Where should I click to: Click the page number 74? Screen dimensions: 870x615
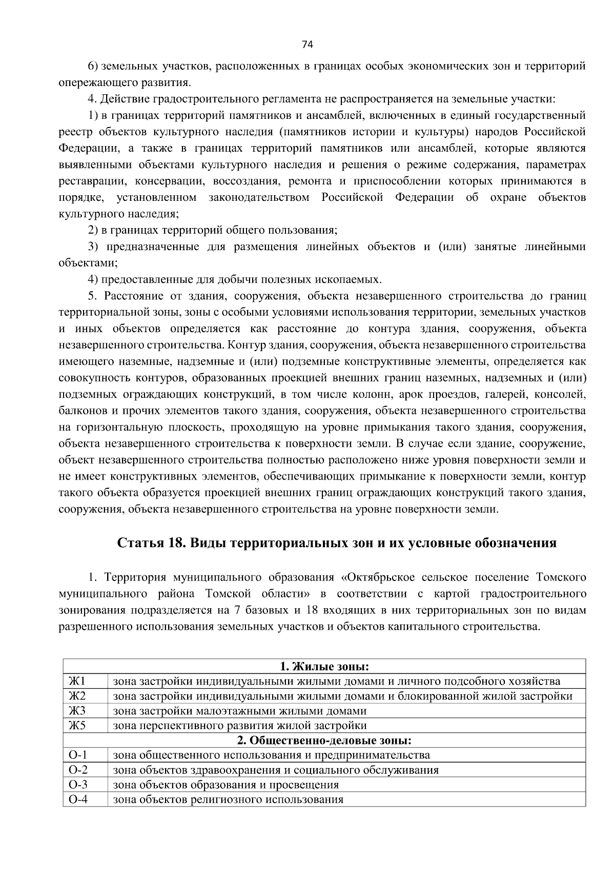pos(307,45)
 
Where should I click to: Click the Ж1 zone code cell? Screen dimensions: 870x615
pos(77,681)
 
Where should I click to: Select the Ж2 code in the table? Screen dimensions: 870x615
pos(77,696)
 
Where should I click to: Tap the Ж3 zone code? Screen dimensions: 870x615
pos(77,711)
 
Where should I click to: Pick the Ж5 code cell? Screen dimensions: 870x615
pos(77,726)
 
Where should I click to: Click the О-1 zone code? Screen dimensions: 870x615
pos(77,755)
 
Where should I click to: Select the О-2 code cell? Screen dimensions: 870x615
pos(77,770)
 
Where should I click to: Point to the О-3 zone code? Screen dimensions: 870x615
pos(77,785)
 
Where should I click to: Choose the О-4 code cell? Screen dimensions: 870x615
pos(77,800)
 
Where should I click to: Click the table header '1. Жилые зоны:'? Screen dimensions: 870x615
pos(324,667)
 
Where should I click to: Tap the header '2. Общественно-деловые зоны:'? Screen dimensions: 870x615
pos(324,740)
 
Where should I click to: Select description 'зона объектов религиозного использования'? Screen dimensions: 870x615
pos(228,800)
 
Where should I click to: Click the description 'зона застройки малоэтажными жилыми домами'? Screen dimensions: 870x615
pos(239,711)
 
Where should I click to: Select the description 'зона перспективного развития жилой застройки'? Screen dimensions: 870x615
pos(239,726)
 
